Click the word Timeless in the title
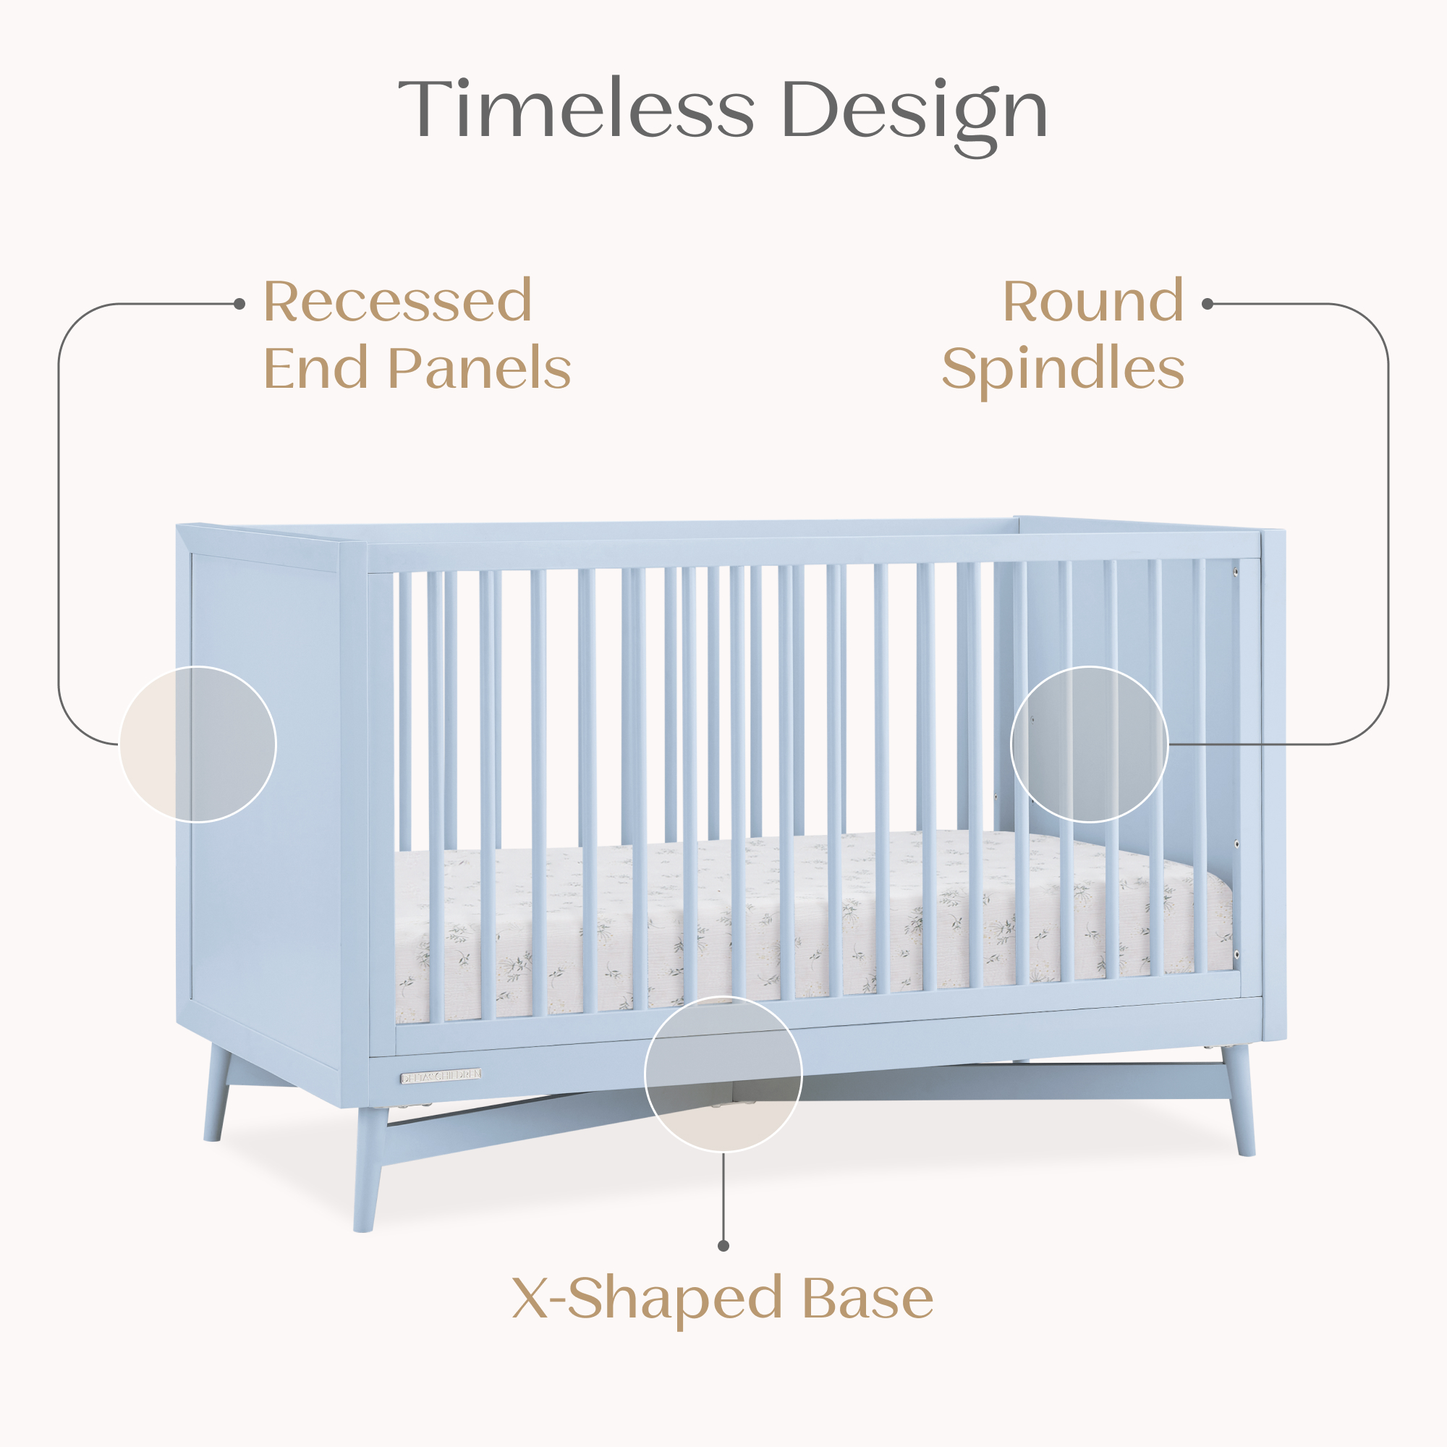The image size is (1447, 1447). coord(575,109)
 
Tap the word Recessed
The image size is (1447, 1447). coord(398,302)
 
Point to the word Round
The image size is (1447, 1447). coord(1092,302)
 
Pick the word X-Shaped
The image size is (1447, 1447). coord(647,1298)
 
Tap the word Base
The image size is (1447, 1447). coord(867,1298)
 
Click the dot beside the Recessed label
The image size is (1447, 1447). coord(239,304)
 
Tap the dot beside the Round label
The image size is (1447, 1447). coord(1207,304)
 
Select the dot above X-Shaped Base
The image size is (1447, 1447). coord(723,1246)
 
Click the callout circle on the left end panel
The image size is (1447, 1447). coord(198,744)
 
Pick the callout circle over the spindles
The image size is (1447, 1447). coord(1089,744)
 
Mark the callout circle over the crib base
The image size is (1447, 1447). coord(723,1074)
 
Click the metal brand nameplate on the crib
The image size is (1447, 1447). coord(441,1077)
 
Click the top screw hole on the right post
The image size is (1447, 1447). coord(1236,572)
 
